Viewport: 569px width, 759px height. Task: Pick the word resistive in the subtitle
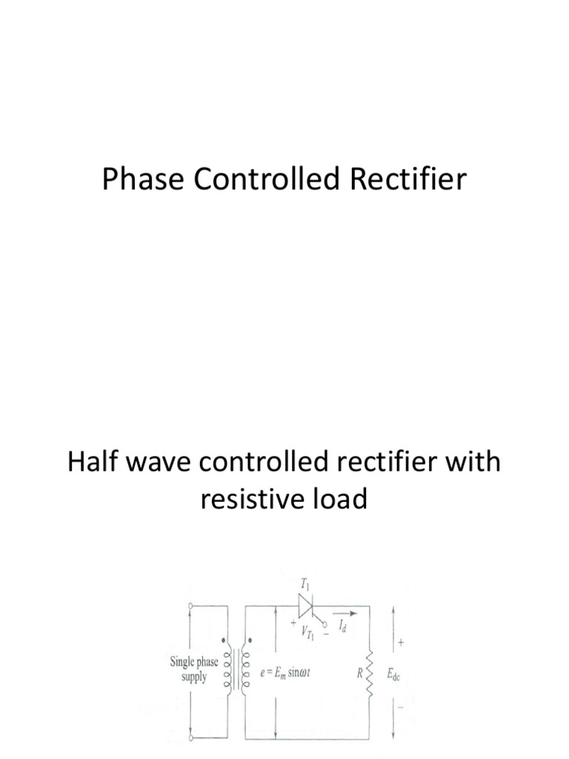[242, 500]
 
